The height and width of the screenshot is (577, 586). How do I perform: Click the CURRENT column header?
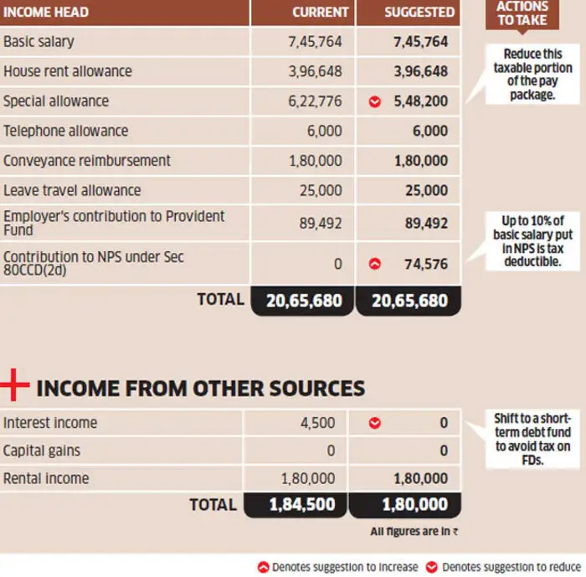320,13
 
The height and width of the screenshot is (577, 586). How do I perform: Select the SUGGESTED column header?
419,13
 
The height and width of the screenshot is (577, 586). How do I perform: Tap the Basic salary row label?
39,41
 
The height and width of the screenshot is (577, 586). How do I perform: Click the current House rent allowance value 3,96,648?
315,71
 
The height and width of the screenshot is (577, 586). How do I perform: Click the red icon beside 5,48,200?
375,101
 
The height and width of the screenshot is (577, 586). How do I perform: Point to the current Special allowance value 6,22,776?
315,101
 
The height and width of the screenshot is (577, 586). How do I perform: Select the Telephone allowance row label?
65,131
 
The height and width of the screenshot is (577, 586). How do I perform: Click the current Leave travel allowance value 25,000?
321,190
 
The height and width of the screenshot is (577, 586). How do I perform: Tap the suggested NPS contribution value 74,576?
425,264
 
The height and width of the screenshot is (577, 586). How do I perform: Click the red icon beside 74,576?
375,264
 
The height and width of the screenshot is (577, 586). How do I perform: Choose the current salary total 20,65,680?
303,300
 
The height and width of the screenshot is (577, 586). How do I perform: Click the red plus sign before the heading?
14,386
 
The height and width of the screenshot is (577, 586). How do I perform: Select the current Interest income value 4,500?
317,423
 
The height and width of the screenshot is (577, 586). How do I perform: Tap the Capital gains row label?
42,451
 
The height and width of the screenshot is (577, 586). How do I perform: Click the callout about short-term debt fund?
532,439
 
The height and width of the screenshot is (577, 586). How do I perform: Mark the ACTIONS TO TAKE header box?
522,13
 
